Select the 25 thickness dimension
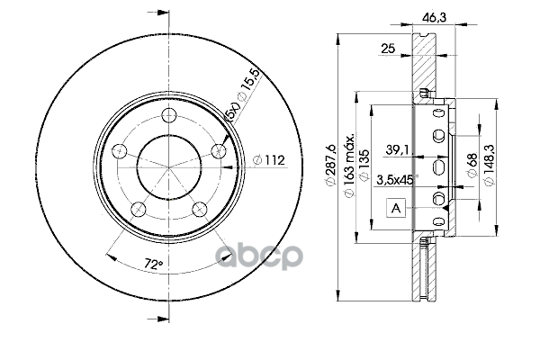click(x=389, y=48)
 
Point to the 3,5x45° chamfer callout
click(x=396, y=180)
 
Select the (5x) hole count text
click(x=232, y=114)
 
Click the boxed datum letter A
click(x=395, y=209)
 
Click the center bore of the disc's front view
click(x=169, y=163)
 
